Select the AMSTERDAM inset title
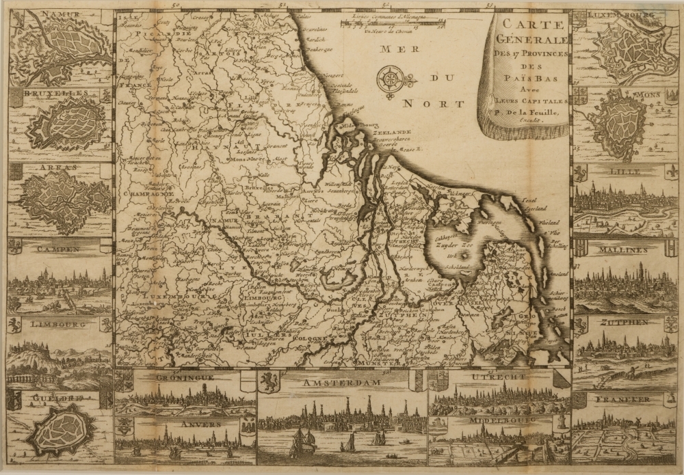click(343, 384)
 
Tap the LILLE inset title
click(621, 174)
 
